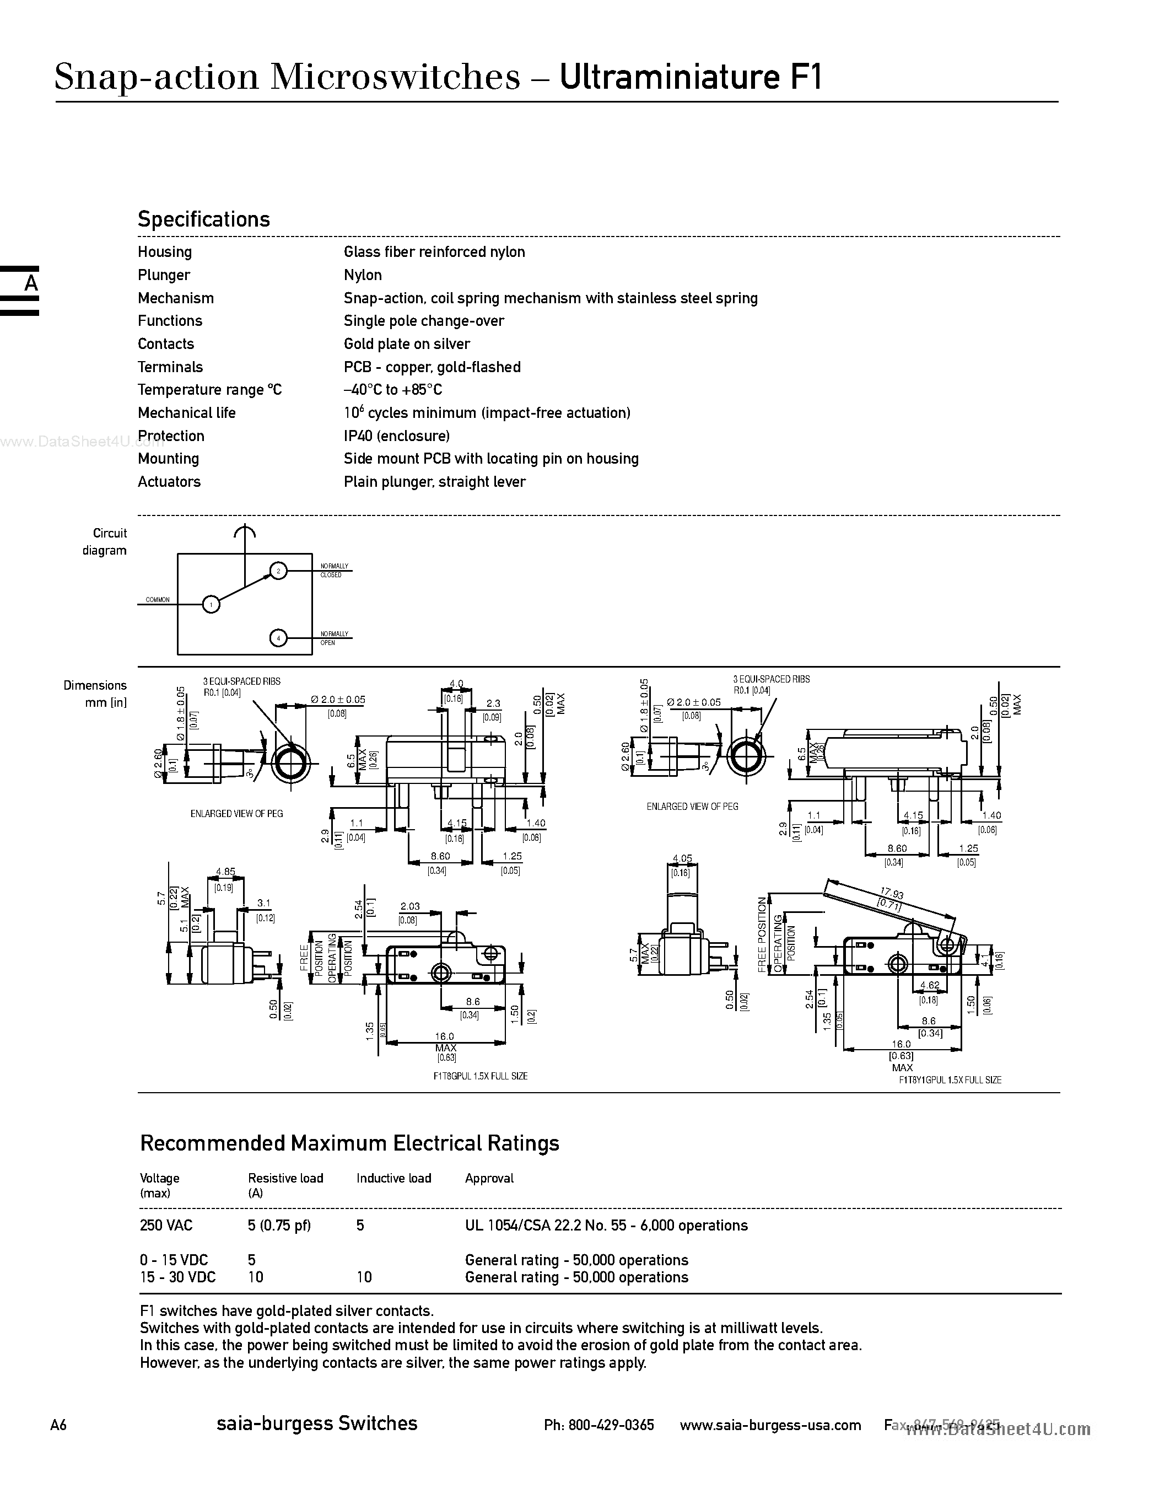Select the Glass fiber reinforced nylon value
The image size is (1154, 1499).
(434, 252)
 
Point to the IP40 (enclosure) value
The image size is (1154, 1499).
(397, 436)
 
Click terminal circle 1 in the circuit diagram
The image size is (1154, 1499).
(211, 605)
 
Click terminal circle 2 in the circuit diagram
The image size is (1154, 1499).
(278, 571)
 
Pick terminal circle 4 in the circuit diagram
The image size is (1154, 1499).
(278, 638)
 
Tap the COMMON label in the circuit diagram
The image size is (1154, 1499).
(158, 600)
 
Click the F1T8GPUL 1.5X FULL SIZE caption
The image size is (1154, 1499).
(480, 1076)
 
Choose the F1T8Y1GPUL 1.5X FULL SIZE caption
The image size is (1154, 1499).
(950, 1079)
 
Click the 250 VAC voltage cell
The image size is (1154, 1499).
(166, 1225)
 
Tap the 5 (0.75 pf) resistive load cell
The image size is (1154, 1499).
(279, 1225)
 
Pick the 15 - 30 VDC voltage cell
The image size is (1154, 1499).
(177, 1277)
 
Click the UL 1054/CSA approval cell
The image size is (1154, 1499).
(606, 1225)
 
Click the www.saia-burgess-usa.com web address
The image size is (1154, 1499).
(770, 1425)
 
